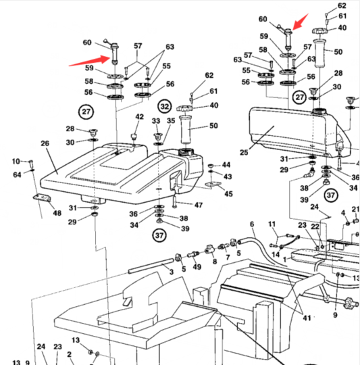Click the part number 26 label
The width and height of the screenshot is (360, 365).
[45, 143]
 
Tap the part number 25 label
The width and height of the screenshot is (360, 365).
[244, 153]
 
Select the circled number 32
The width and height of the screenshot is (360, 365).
[165, 107]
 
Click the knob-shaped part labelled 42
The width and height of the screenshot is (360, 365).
[134, 136]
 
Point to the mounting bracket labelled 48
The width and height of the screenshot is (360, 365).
[42, 198]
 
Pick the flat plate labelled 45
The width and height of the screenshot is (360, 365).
[213, 184]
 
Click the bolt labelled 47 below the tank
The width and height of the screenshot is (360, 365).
[175, 202]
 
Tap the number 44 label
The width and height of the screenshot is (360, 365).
[226, 165]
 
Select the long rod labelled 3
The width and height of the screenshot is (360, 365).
[151, 266]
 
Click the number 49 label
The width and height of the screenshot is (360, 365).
[197, 267]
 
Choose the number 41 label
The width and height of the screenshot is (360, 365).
[307, 318]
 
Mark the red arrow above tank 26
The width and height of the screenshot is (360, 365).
[89, 61]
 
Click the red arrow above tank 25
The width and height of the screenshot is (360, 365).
[301, 22]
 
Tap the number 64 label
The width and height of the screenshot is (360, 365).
[17, 174]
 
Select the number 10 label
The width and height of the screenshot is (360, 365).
[16, 162]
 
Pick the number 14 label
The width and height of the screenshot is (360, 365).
[276, 254]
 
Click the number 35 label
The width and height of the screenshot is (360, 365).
[171, 120]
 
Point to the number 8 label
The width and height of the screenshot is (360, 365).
[215, 262]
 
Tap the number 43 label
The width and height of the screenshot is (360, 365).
[228, 176]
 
